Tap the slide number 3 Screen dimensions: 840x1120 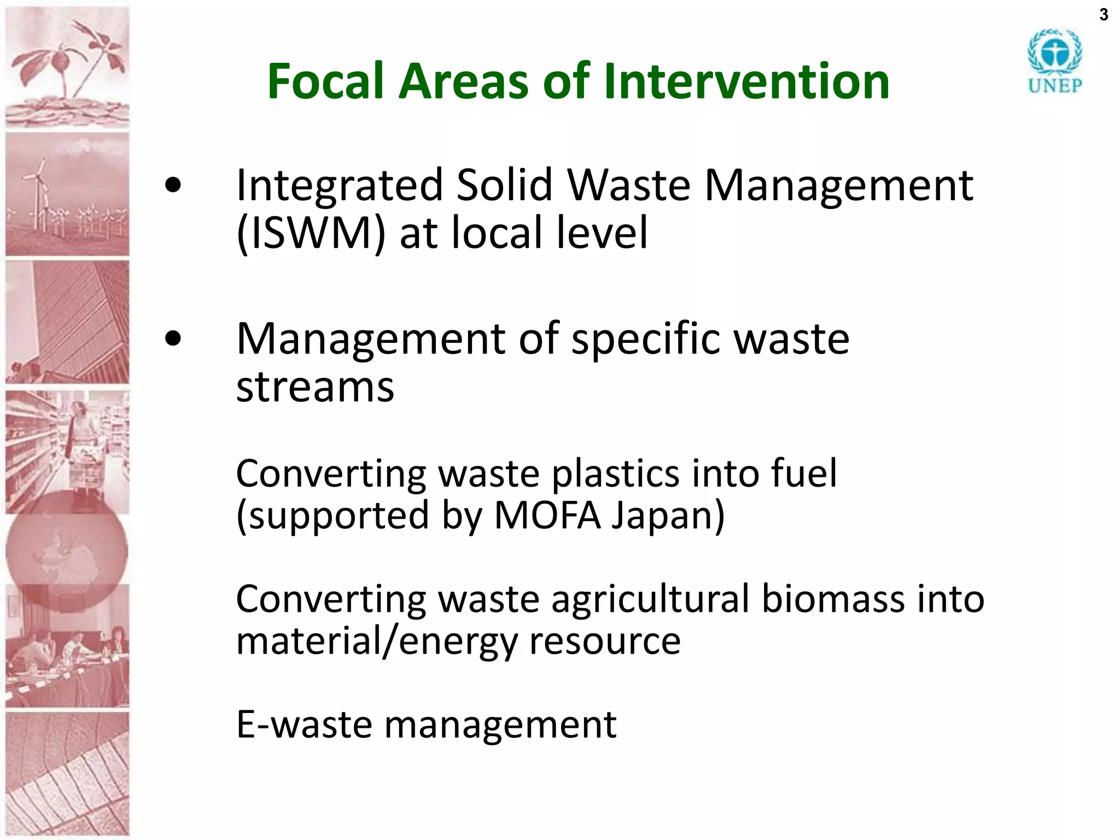pyautogui.click(x=1104, y=15)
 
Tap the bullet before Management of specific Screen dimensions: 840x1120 pyautogui.click(x=173, y=339)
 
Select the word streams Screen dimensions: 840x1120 pyautogui.click(x=315, y=387)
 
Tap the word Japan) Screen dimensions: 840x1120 pyautogui.click(x=668, y=516)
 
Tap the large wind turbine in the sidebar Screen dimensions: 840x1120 pyautogui.click(x=38, y=191)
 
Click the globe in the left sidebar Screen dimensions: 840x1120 pyautogui.click(x=67, y=551)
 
